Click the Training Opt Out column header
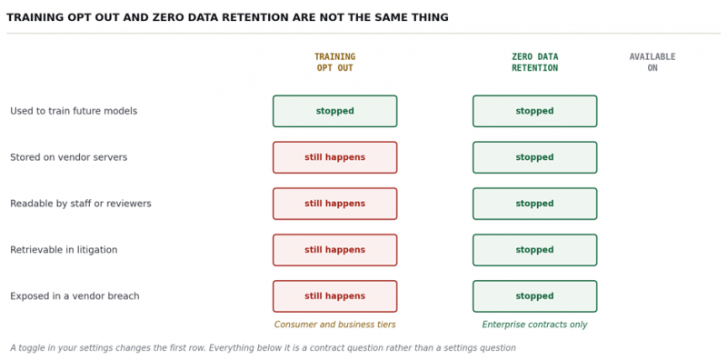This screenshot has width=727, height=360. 334,62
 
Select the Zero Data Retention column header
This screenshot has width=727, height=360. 534,62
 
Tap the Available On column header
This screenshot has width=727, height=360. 652,62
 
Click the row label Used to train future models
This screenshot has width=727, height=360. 74,111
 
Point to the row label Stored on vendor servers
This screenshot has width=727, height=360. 69,157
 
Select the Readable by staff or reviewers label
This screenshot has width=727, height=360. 81,204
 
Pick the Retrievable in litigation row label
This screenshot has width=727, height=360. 64,250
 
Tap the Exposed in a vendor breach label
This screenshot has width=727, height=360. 75,296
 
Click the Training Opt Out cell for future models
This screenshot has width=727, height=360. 334,111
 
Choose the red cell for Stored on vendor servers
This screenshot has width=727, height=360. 334,157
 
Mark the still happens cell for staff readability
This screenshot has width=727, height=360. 334,204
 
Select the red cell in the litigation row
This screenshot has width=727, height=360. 334,250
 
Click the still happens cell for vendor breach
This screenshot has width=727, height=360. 334,296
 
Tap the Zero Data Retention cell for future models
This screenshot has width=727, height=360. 534,111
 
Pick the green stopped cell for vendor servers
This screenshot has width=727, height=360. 534,157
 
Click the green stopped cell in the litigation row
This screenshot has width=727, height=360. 534,250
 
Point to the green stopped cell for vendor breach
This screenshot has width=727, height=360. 534,296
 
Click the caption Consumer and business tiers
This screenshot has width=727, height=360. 334,325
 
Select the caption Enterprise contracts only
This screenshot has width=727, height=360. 534,325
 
